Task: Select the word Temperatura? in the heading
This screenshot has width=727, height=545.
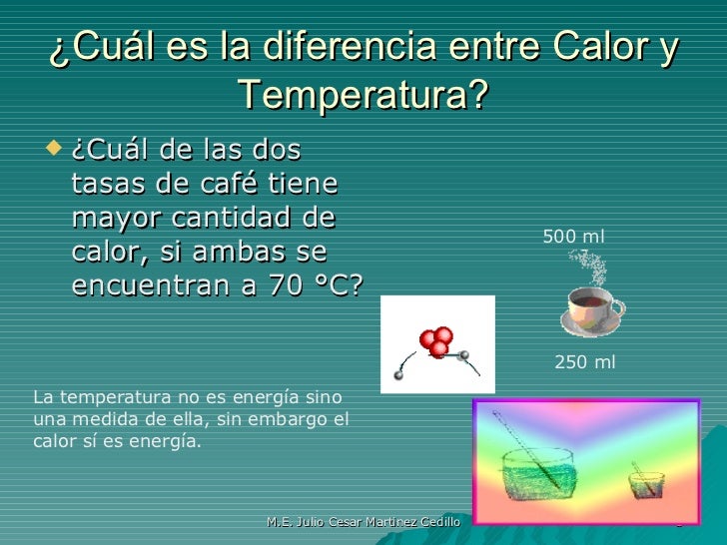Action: pos(363,97)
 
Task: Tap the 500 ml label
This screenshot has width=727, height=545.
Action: pos(573,237)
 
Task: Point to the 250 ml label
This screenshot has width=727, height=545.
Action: pos(584,363)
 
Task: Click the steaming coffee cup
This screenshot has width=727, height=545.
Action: pos(592,309)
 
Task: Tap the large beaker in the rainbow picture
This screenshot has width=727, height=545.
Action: pos(538,472)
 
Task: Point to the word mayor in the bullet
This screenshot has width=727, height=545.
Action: pos(117,219)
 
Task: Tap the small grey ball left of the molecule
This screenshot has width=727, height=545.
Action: pos(398,375)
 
